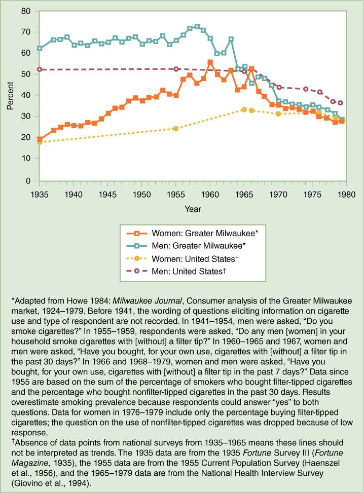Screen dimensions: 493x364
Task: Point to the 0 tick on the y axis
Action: [34, 180]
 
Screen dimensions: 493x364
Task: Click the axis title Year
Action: [192, 209]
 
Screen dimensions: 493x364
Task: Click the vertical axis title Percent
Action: [11, 95]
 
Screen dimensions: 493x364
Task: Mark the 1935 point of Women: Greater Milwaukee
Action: [40, 139]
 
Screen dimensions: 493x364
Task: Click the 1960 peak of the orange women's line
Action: [210, 62]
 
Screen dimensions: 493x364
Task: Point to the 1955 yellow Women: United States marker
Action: [176, 129]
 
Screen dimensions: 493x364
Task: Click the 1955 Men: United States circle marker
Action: [176, 69]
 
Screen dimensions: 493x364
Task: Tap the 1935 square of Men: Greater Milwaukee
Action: [40, 48]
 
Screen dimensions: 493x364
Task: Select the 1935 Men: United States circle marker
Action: [40, 69]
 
